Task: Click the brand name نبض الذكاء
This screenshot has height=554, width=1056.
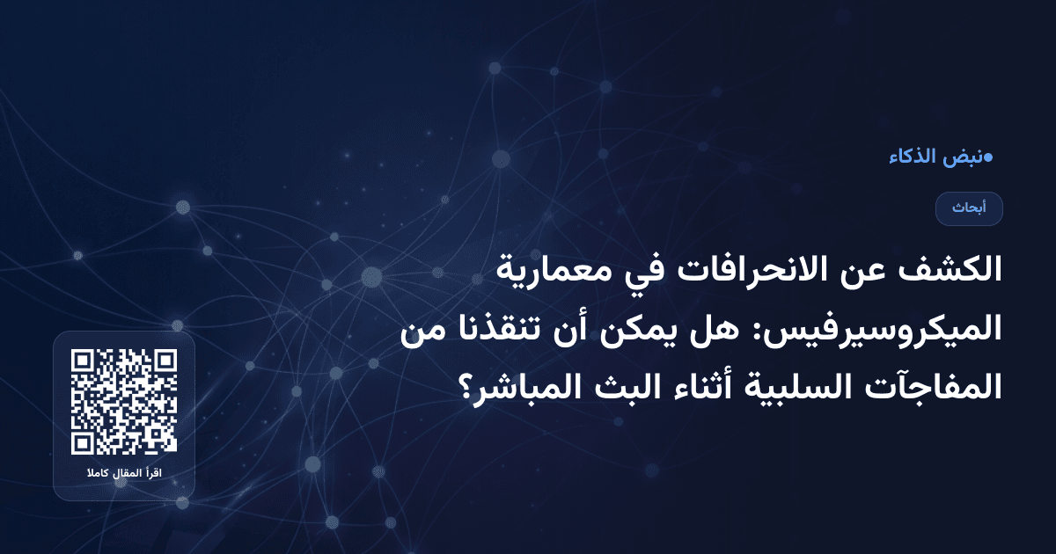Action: click(x=935, y=158)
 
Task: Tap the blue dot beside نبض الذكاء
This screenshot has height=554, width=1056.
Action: click(x=988, y=158)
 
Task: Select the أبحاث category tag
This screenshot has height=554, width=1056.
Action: click(x=969, y=208)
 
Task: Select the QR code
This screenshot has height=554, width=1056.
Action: click(x=124, y=402)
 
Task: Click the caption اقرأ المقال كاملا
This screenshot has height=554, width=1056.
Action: click(x=124, y=475)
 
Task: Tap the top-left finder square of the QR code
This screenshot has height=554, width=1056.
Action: click(x=84, y=362)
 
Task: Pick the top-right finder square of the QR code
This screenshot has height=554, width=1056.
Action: click(x=164, y=362)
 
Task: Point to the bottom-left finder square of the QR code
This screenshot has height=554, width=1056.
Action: click(x=84, y=441)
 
